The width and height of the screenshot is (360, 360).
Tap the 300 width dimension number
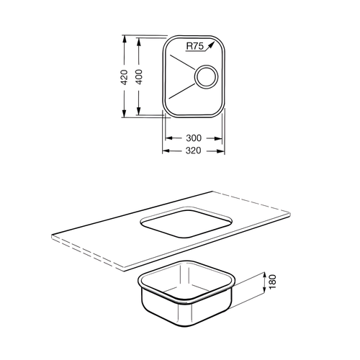point(193,138)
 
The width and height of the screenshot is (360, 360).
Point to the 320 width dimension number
point(193,150)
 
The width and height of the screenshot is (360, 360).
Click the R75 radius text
point(194,46)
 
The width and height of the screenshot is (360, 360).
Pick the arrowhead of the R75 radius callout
point(212,42)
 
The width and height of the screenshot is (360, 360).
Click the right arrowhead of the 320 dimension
point(223,150)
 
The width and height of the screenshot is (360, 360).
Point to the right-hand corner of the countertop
point(292,212)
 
